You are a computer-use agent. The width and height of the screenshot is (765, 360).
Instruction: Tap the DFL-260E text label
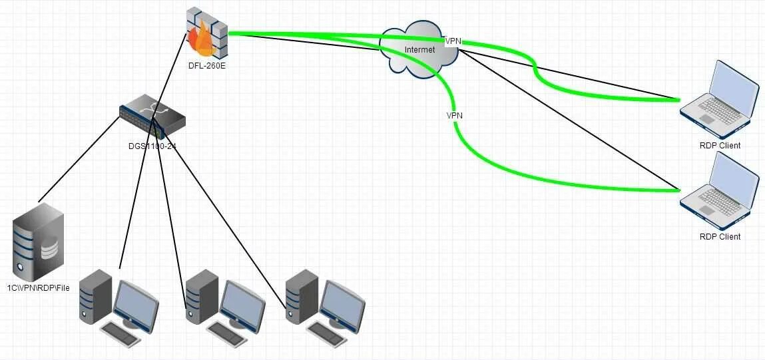206,65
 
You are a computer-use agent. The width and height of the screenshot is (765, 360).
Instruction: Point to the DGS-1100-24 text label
152,146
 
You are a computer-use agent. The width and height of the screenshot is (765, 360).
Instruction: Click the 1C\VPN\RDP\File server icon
39,241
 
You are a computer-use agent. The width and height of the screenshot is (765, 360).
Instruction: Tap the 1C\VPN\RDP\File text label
39,288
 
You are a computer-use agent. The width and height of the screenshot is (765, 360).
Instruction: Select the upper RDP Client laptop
719,96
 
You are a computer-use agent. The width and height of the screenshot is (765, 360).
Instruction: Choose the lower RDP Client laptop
719,188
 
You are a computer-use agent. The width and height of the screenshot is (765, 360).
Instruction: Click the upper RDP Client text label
720,146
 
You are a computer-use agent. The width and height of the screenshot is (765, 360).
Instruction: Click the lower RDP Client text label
720,237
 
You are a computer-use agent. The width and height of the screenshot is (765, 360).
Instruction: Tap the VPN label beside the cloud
453,41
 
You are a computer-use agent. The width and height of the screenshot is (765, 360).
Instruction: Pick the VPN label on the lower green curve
455,115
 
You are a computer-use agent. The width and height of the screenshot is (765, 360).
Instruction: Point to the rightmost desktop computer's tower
300,296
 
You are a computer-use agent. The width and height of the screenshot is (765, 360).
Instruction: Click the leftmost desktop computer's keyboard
122,333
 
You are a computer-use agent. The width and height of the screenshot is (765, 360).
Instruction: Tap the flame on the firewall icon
202,40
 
